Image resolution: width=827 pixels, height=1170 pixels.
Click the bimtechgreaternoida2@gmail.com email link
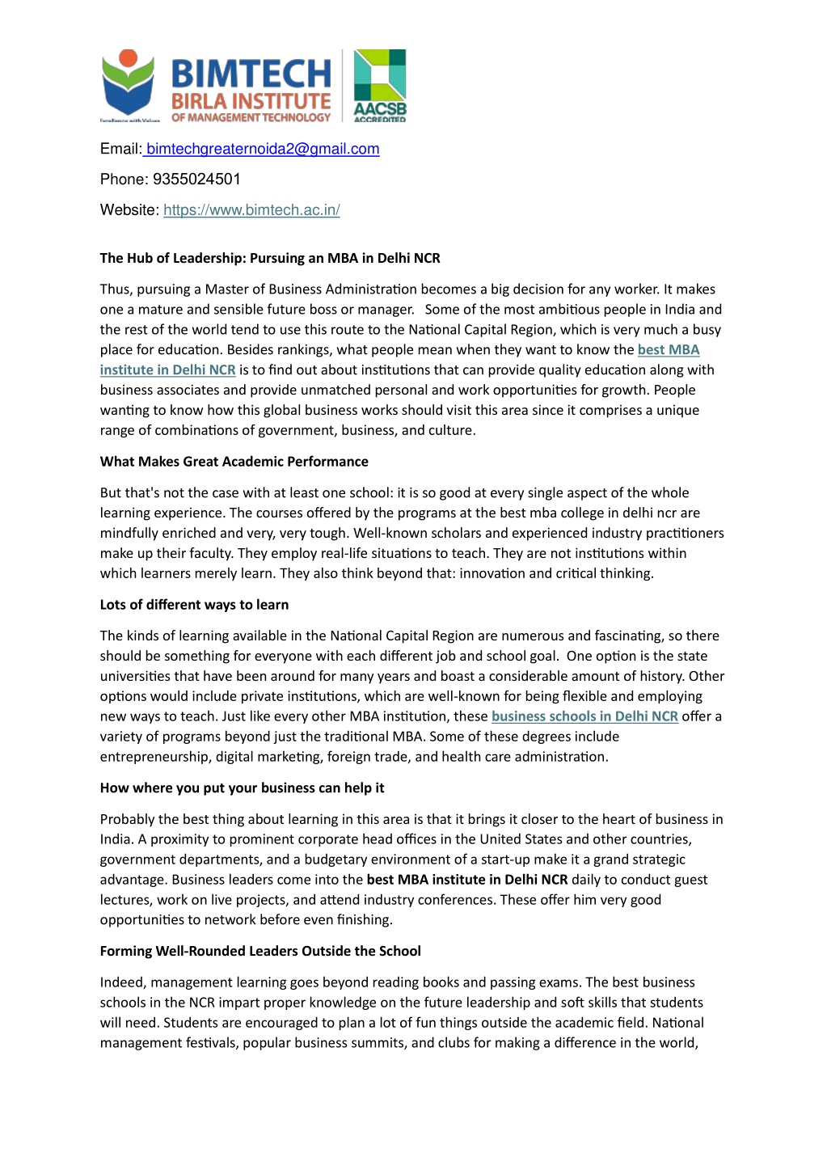coord(262,149)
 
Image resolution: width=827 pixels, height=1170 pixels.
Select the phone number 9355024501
coord(196,180)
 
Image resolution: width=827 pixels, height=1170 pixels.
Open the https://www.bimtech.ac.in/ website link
coord(251,210)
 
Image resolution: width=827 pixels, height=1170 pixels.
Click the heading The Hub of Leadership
coord(270,259)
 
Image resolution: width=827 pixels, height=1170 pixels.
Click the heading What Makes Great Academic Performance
coord(234,462)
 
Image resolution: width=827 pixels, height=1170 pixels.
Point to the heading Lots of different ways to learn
coord(194,605)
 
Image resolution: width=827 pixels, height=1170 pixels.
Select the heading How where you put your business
coord(242,788)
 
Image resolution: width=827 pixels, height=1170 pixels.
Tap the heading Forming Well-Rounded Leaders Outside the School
coord(260,952)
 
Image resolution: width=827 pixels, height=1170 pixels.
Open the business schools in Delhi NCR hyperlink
coord(584,716)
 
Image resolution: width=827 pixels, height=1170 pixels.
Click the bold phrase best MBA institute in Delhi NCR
coord(467,880)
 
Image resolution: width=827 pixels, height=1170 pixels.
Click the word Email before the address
coord(120,149)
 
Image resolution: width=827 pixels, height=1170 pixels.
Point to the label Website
coord(129,210)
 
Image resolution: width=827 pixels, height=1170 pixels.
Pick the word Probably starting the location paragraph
coord(128,819)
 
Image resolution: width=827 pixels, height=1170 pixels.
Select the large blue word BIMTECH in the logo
coord(251,74)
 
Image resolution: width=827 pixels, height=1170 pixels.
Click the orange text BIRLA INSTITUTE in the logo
coord(251,102)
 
